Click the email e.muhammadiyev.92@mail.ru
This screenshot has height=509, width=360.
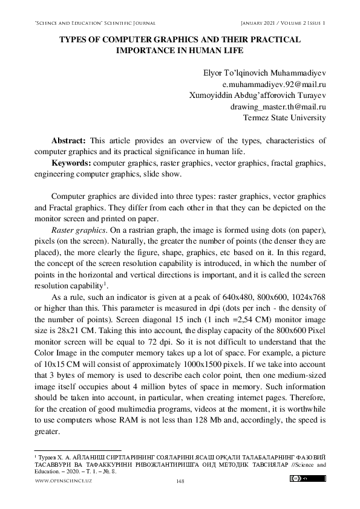click(275, 85)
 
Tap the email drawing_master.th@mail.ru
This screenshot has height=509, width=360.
click(279, 106)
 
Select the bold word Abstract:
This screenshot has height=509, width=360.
click(70, 140)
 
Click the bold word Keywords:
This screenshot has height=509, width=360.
click(71, 163)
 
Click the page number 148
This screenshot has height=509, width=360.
click(180, 481)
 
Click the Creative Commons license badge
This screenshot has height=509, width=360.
click(308, 479)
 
